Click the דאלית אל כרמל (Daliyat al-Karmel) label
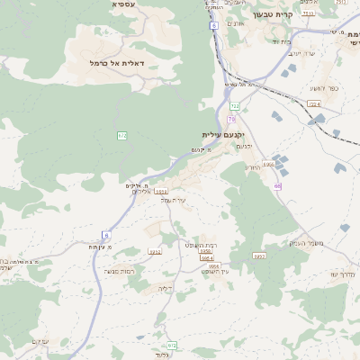(x=118, y=63)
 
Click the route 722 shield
(x=234, y=106)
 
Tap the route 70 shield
(x=231, y=119)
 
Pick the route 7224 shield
(x=313, y=104)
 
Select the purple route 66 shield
(x=278, y=186)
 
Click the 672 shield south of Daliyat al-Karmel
(x=121, y=135)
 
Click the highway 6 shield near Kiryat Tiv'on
(x=214, y=26)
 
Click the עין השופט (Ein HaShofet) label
(x=213, y=273)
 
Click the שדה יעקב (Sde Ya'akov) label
(x=301, y=54)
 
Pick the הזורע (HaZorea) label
(x=251, y=166)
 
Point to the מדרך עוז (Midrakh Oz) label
(x=342, y=274)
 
